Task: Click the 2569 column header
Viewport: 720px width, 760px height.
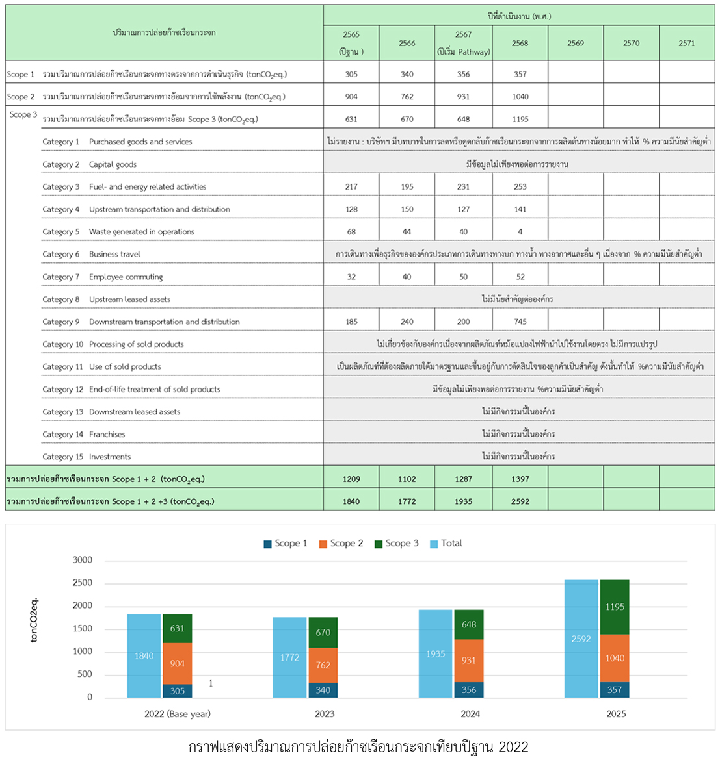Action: [576, 43]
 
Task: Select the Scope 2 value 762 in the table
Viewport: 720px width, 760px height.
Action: [407, 96]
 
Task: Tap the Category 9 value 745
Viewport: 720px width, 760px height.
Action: [520, 322]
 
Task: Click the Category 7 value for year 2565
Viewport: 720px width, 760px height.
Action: [351, 277]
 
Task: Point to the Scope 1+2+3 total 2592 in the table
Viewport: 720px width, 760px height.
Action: [520, 501]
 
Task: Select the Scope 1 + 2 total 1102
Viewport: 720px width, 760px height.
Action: [407, 479]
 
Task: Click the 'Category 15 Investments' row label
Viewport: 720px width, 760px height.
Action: [87, 457]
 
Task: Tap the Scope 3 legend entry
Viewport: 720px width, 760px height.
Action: [396, 543]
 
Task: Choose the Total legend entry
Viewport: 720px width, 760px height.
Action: [446, 543]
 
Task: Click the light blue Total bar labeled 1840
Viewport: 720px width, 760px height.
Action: [144, 656]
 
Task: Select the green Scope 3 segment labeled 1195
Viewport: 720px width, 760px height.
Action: [615, 607]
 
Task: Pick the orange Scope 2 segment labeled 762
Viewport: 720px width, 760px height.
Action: [323, 665]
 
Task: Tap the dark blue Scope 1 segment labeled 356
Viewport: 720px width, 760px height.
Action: [469, 690]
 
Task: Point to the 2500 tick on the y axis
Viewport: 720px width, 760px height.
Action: [83, 583]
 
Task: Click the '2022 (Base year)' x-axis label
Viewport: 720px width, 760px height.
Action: [178, 714]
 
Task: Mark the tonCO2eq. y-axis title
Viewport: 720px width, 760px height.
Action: [34, 620]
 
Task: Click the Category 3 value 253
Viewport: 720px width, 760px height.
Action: [520, 186]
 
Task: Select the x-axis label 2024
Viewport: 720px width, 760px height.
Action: [470, 714]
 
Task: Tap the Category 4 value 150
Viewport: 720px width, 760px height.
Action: [407, 209]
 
